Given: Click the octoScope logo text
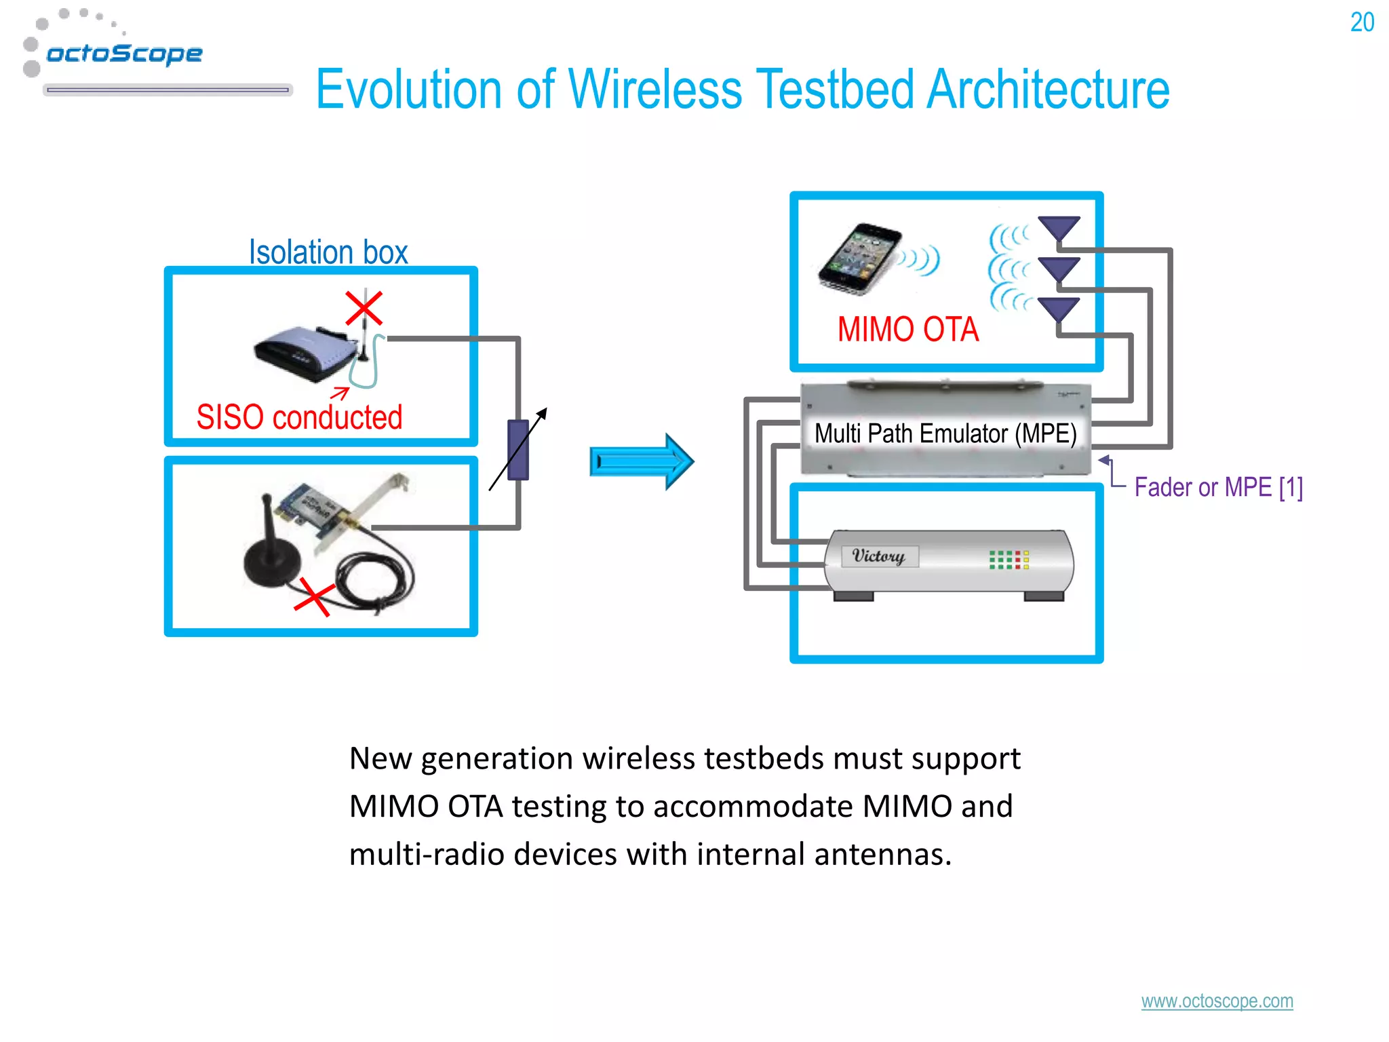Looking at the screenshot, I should pyautogui.click(x=124, y=54).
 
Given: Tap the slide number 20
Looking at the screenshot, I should pyautogui.click(x=1362, y=22).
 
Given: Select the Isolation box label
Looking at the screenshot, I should pyautogui.click(x=328, y=252).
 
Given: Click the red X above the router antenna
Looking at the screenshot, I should pyautogui.click(x=364, y=309).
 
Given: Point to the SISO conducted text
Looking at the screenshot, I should pyautogui.click(x=299, y=417).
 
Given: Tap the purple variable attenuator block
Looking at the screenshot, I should pyautogui.click(x=518, y=449).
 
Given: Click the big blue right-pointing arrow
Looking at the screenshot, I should pyautogui.click(x=641, y=461).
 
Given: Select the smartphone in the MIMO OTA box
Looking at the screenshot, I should pyautogui.click(x=860, y=258).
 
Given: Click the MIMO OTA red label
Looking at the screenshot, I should pyautogui.click(x=907, y=330).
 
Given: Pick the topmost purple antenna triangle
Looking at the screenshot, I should pyautogui.click(x=1059, y=228).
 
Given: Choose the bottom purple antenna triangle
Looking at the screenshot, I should pyautogui.click(x=1059, y=309).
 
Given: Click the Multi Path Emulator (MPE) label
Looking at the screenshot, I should pyautogui.click(x=945, y=433).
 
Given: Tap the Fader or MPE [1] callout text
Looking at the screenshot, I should pyautogui.click(x=1218, y=487).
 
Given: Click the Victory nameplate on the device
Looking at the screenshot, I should pyautogui.click(x=879, y=556).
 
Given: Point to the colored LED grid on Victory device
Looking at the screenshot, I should pyautogui.click(x=1009, y=560).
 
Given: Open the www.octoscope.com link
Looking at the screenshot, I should pyautogui.click(x=1217, y=1001).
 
